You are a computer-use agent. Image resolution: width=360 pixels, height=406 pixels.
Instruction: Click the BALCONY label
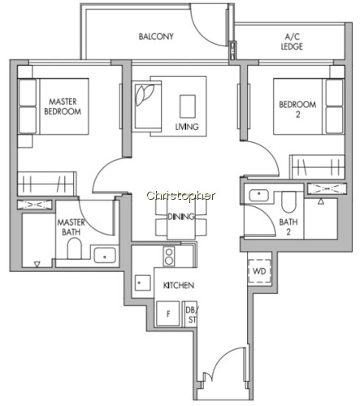tap(156, 37)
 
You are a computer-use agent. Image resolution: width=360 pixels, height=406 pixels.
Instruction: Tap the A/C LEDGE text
tap(292, 41)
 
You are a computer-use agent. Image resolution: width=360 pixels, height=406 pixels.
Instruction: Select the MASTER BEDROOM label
tap(63, 106)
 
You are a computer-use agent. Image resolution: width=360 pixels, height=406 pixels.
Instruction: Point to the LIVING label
tap(187, 127)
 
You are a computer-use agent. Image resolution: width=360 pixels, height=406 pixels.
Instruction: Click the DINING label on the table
tap(181, 217)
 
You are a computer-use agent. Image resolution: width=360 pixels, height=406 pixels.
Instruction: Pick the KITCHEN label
tap(179, 285)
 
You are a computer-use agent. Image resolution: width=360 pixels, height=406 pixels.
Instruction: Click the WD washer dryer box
tap(259, 271)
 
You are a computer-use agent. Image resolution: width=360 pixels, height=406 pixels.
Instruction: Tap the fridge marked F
tap(168, 313)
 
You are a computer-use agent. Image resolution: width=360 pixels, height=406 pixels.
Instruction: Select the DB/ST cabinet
tap(191, 314)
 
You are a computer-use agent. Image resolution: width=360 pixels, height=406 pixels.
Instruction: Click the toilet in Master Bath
tap(74, 248)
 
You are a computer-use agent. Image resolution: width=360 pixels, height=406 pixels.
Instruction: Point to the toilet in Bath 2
tap(288, 202)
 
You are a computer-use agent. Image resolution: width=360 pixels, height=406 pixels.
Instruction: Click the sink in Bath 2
tap(258, 195)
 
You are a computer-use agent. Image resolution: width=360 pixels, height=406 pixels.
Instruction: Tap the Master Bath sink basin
tap(105, 256)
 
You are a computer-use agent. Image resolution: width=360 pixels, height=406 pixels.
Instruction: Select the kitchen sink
tap(143, 283)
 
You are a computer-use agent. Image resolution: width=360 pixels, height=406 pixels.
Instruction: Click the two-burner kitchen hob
tap(169, 257)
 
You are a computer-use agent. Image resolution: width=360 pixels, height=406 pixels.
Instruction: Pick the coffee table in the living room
tap(188, 106)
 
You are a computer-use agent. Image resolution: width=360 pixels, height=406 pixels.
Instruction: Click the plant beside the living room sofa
tap(145, 94)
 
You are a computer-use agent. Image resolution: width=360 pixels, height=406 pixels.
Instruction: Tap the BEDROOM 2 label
tap(297, 109)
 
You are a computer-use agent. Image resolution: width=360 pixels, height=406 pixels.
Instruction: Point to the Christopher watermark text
tap(181, 196)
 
